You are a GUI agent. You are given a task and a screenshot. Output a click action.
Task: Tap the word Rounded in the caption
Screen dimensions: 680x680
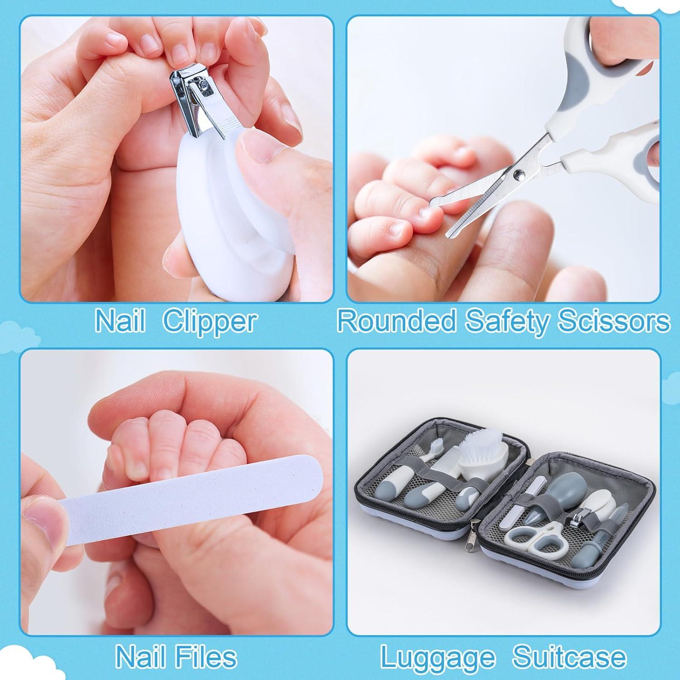[397, 321]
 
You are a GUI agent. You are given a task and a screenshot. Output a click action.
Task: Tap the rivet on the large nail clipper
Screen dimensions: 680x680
[204, 83]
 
